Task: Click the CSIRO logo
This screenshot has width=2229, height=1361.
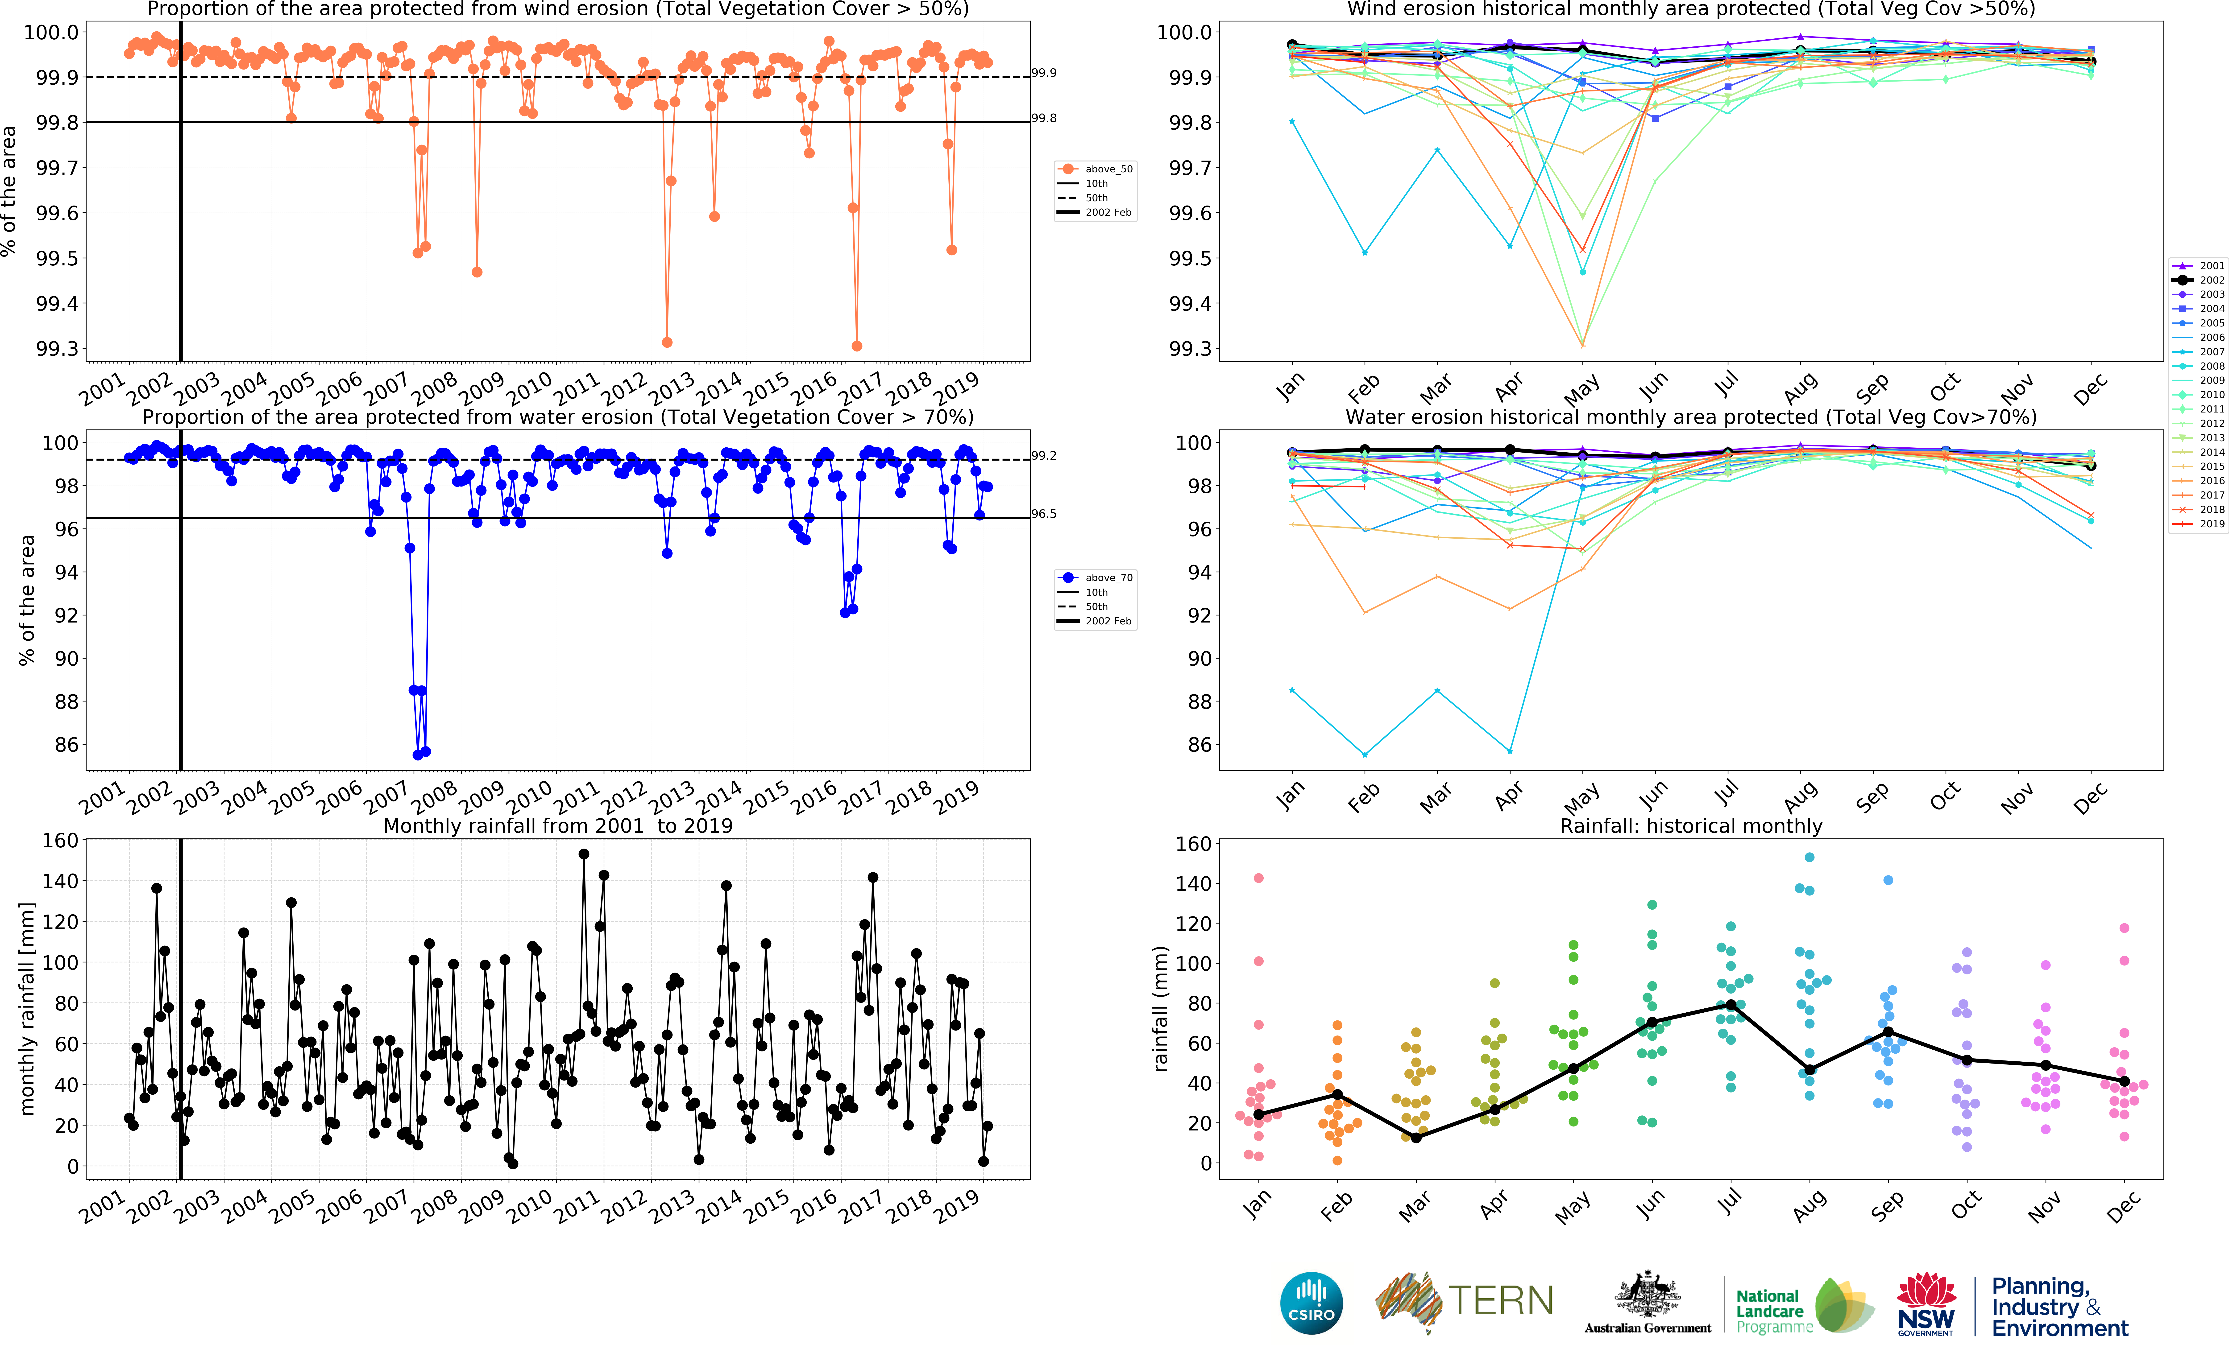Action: click(x=1311, y=1303)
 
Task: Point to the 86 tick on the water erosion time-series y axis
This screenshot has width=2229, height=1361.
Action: click(x=66, y=745)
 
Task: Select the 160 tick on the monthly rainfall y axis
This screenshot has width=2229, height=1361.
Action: click(x=61, y=840)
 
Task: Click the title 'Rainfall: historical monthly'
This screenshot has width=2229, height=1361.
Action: click(x=1691, y=826)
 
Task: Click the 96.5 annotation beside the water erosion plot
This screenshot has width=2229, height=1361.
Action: click(x=1044, y=514)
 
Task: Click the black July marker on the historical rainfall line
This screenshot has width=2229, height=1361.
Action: click(x=1731, y=1005)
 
